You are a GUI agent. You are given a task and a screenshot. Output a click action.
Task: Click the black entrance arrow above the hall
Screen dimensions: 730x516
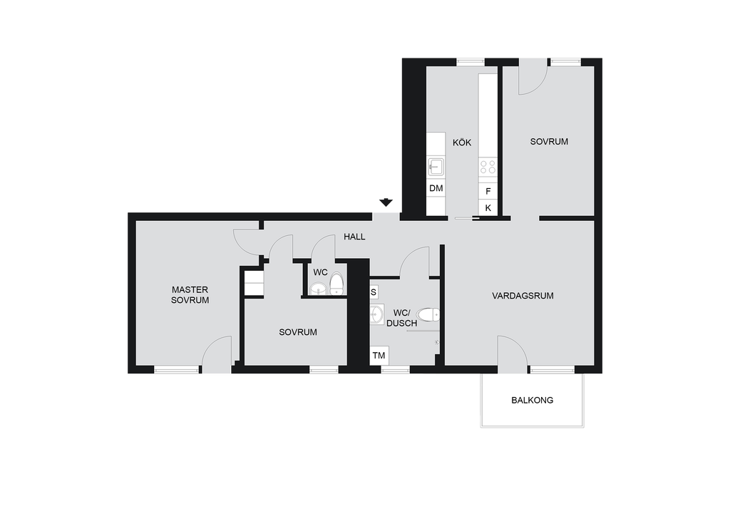pyautogui.click(x=386, y=202)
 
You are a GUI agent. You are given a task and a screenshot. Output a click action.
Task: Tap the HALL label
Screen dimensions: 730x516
pyautogui.click(x=354, y=237)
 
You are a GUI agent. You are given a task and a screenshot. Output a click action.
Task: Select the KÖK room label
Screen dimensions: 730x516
pyautogui.click(x=462, y=142)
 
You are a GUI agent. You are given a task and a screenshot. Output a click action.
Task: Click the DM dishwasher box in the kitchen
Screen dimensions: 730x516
pyautogui.click(x=436, y=188)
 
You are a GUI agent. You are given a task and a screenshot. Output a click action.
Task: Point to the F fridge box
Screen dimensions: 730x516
pyautogui.click(x=488, y=191)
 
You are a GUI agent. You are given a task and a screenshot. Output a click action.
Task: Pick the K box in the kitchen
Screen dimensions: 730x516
pyautogui.click(x=488, y=208)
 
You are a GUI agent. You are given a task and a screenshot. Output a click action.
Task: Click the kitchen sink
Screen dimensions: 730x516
pyautogui.click(x=436, y=167)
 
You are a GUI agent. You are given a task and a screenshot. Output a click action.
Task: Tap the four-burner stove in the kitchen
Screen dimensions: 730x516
pyautogui.click(x=488, y=167)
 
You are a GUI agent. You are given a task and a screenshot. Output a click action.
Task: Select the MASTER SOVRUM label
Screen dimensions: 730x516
pyautogui.click(x=190, y=295)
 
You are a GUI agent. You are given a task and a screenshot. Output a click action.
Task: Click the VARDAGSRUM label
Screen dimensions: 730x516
pyautogui.click(x=523, y=296)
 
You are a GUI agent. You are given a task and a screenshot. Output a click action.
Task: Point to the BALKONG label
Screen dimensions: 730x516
pyautogui.click(x=532, y=400)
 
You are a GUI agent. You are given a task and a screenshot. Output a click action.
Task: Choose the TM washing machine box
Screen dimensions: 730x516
pyautogui.click(x=379, y=356)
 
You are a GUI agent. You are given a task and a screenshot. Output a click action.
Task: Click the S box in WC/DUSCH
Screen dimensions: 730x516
pyautogui.click(x=374, y=293)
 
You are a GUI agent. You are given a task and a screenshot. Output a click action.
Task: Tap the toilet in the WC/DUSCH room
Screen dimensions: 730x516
pyautogui.click(x=428, y=315)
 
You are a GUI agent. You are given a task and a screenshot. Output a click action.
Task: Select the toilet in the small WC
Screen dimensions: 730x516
pyautogui.click(x=336, y=284)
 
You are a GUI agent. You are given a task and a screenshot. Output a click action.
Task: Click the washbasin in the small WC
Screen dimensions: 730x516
pyautogui.click(x=319, y=289)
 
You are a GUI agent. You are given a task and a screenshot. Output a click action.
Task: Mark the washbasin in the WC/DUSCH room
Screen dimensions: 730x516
pyautogui.click(x=376, y=315)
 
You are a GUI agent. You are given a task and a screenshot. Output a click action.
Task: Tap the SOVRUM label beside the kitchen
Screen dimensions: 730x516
pyautogui.click(x=549, y=141)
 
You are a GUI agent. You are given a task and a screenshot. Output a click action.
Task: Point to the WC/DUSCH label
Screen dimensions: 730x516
pyautogui.click(x=402, y=318)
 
